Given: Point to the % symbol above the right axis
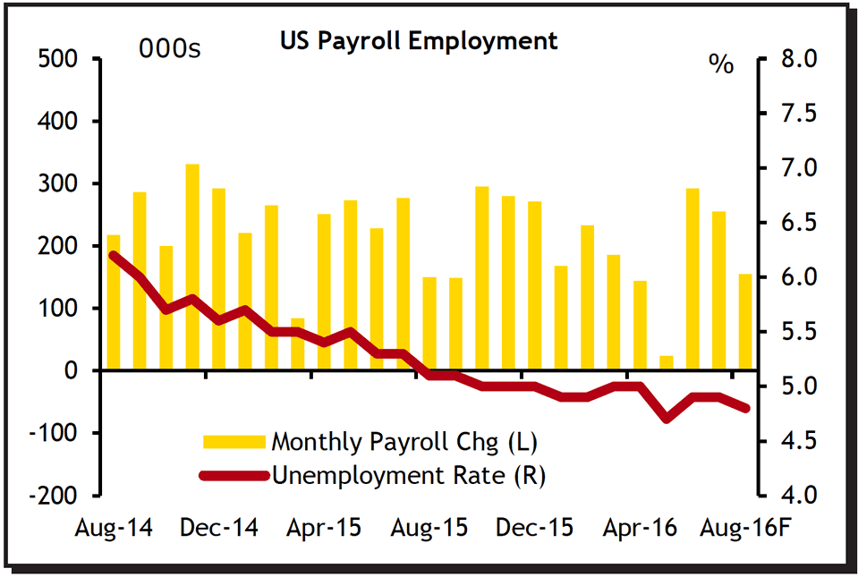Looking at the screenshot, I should (x=720, y=64).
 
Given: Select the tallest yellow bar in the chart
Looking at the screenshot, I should (x=192, y=267).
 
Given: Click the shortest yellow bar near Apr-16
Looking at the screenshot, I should (x=666, y=362).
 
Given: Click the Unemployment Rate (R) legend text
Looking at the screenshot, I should (x=409, y=475).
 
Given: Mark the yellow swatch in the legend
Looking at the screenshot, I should (x=234, y=441).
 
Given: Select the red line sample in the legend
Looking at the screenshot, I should (x=234, y=476).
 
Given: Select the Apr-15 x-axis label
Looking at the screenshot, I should (x=324, y=528).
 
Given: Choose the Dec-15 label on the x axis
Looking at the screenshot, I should (x=536, y=528).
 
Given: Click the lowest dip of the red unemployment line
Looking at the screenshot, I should (x=666, y=418).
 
